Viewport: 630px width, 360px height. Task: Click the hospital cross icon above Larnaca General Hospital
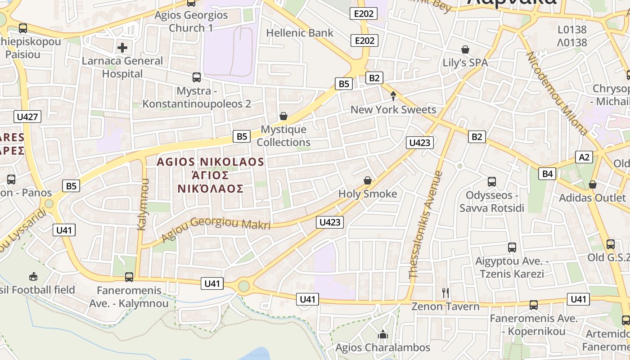point(122,47)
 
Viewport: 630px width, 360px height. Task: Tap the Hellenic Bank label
point(300,33)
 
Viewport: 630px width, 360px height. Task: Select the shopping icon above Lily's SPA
point(465,49)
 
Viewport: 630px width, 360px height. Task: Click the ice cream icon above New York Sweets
point(393,96)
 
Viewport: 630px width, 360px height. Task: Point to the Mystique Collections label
point(283,136)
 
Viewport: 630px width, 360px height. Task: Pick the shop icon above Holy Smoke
point(368,180)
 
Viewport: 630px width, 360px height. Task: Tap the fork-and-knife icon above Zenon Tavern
point(445,293)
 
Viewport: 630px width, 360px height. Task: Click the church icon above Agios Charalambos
point(383,334)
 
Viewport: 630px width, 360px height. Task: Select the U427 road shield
point(28,117)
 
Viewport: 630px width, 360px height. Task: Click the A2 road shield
point(584,157)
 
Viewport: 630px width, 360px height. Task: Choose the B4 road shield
point(547,174)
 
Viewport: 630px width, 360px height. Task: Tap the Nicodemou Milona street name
point(557,94)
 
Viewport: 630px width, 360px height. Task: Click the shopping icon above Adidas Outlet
point(593,184)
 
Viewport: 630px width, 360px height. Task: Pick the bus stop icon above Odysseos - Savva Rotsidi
point(492,182)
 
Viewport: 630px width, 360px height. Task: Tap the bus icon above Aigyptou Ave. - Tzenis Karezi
point(512,247)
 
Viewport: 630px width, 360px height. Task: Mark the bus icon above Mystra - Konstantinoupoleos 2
point(197,77)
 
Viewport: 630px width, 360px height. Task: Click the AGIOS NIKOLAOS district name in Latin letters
point(210,162)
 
